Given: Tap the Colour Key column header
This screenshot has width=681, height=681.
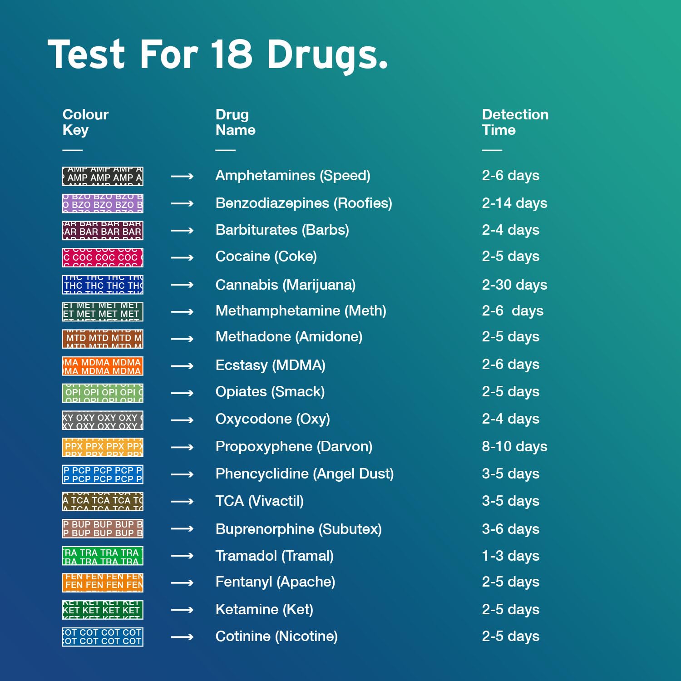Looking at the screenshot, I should coord(85,122).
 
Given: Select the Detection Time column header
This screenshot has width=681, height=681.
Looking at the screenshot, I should coord(515,122).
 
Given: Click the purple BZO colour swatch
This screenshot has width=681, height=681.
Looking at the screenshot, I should coord(103,203).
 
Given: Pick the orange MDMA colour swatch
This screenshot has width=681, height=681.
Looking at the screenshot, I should coord(103,366).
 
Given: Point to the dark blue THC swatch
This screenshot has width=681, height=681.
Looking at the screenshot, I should coord(103,285).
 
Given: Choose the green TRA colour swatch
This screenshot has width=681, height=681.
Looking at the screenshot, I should coord(103,556).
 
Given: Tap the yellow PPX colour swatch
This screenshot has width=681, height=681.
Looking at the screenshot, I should coord(103,447).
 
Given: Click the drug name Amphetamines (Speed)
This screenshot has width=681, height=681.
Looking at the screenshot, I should coord(293,176).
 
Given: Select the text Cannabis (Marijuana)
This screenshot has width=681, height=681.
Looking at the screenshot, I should coord(285,285).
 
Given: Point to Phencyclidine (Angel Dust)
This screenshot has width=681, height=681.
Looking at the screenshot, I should coord(304,474).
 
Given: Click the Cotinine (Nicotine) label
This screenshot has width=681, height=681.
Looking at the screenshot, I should coord(276,637).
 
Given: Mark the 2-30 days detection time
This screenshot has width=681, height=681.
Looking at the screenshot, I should coord(514,285).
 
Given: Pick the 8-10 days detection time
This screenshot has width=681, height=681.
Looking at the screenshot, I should coord(514,447).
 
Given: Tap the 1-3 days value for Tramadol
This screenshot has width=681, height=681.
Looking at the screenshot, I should coord(510,556).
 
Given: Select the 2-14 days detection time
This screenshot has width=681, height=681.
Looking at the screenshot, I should coord(514,203).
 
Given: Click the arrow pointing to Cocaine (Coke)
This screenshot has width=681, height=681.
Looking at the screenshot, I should coord(182,257).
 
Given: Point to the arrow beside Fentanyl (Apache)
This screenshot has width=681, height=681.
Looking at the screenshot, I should coord(182,582).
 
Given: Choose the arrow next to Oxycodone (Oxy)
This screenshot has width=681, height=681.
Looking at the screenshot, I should coord(182,420).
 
